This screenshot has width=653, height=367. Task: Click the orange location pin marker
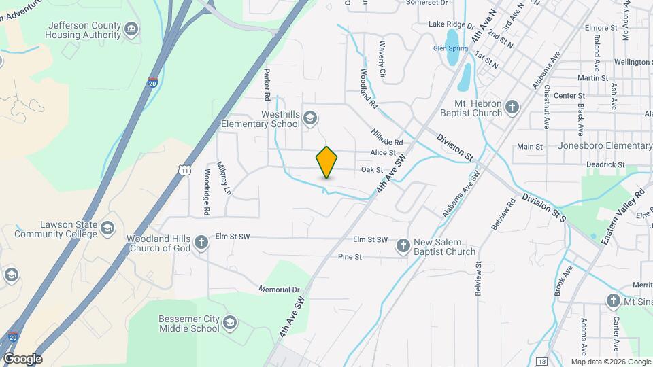point(327,162)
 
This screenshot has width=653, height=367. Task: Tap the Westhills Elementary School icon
point(310,118)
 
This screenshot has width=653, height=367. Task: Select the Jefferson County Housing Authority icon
point(131,29)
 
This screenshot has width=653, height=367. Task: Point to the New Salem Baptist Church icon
point(403,246)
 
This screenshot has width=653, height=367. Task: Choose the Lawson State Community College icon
point(107,228)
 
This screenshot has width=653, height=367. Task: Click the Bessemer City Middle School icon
point(230,322)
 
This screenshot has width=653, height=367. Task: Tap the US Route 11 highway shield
point(184,169)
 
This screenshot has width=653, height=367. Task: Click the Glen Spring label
point(450,48)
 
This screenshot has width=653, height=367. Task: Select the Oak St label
point(373,169)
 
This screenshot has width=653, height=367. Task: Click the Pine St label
point(350,257)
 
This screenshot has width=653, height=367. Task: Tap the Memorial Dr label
point(279,289)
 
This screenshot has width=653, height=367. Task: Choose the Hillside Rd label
point(387,137)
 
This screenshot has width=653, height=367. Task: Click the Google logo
point(22,359)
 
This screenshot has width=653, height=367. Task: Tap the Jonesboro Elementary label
point(605,145)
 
